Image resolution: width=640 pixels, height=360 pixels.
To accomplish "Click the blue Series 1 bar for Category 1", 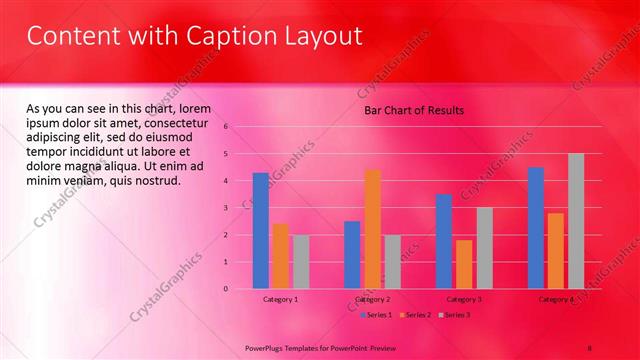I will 260,231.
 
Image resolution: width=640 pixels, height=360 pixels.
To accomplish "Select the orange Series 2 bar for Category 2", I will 372,229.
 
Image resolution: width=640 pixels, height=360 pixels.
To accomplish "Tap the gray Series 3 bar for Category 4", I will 576,221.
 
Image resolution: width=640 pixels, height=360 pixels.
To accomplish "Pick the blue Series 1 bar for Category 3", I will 444,241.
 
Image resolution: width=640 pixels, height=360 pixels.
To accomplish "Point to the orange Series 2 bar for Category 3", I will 464,264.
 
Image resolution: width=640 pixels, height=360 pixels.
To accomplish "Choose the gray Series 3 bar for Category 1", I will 301,262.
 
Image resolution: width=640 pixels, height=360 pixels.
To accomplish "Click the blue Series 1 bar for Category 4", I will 536,228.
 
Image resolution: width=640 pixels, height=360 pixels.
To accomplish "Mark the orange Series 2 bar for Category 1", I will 281,256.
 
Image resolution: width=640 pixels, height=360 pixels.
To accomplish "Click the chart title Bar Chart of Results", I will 413,110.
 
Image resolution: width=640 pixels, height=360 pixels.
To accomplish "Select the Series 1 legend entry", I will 375,315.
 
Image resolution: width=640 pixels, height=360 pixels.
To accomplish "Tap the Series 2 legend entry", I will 415,315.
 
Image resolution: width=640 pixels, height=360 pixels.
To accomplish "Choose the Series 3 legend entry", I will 454,315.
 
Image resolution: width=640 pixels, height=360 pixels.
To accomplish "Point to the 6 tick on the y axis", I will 227,127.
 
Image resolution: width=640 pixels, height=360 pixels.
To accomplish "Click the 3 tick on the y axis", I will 227,208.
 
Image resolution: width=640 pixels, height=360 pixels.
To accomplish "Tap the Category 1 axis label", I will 280,299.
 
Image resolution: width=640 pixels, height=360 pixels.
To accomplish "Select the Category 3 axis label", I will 464,299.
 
